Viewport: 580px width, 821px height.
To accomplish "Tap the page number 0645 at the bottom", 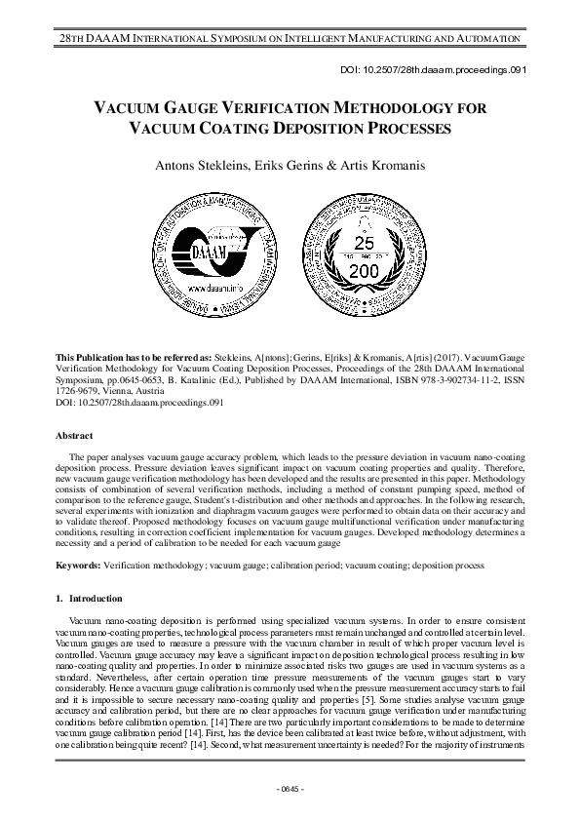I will click(x=290, y=787).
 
